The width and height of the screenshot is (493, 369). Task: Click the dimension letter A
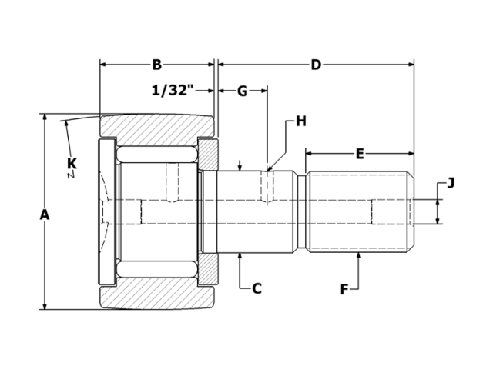[x=45, y=214]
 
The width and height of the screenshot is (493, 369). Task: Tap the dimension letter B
[x=156, y=65]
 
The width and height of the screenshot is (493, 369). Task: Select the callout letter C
[x=257, y=288]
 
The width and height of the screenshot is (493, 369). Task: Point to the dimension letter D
[x=316, y=65]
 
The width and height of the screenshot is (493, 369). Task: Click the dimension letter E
[x=360, y=153]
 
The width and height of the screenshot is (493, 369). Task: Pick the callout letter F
[x=344, y=289]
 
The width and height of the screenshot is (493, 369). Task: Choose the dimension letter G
[x=242, y=91]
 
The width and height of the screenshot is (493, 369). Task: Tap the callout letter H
[x=300, y=121]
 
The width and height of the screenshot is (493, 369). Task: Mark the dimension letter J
[x=451, y=182]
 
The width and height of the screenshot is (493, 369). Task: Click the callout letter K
[x=72, y=163]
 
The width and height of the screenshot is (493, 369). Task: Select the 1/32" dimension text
[x=171, y=91]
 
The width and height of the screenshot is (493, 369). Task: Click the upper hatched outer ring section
[x=158, y=127]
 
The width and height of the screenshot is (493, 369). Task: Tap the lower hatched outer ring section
[x=158, y=296]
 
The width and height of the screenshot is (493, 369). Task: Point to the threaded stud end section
[x=358, y=211]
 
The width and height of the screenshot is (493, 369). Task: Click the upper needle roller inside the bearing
[x=158, y=153]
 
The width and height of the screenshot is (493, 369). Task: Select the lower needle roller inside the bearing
[x=158, y=270]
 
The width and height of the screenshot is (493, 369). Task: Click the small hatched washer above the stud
[x=209, y=154]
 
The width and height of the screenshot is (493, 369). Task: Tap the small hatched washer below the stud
[x=209, y=269]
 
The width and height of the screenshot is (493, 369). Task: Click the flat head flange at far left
[x=107, y=211]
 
